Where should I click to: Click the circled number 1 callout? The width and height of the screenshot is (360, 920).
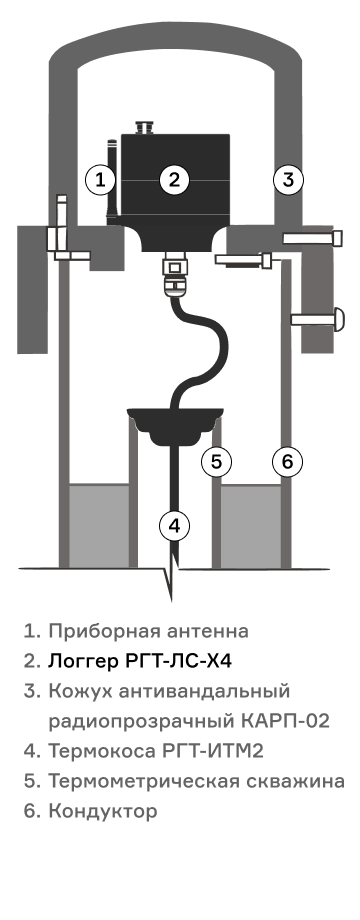(100, 180)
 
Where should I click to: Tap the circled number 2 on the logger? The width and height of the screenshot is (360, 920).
(174, 180)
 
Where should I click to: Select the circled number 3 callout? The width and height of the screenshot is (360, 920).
(288, 180)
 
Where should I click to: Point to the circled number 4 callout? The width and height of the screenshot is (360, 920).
(174, 526)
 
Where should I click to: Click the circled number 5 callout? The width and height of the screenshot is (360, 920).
(216, 462)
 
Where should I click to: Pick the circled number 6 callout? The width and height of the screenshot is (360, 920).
(287, 462)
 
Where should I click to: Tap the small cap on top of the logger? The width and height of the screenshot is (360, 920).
(144, 127)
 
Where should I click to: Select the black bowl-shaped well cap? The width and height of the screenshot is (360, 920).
(175, 425)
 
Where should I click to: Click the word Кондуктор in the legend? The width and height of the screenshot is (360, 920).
(103, 811)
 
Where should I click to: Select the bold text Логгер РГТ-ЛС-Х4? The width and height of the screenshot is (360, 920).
(140, 661)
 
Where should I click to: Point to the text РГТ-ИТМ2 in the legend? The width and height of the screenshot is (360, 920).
(212, 750)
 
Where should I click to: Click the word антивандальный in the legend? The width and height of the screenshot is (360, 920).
(204, 691)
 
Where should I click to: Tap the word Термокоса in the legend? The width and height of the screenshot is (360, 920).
(102, 751)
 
